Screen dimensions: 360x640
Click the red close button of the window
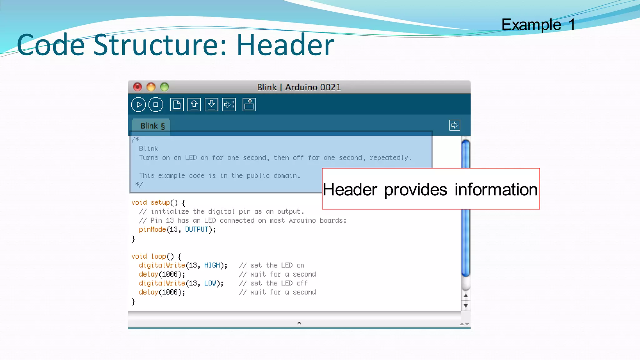[137, 87]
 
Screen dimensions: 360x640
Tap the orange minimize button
[151, 87]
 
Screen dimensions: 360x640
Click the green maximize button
[164, 87]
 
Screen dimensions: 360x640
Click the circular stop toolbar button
[156, 105]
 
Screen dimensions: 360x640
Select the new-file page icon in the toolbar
[177, 105]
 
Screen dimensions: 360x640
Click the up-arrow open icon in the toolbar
[194, 105]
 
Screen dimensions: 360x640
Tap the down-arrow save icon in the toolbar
[212, 105]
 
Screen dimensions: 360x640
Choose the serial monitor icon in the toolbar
[249, 105]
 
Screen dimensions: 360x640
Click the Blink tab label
[152, 126]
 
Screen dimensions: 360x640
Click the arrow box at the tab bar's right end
[455, 125]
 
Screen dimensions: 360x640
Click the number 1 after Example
[572, 25]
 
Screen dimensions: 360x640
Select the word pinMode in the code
[152, 230]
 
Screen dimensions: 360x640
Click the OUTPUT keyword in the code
[197, 230]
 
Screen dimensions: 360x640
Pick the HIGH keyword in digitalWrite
[212, 265]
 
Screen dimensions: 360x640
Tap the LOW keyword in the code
[210, 283]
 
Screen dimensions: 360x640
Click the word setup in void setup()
[160, 202]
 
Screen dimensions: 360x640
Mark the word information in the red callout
[496, 190]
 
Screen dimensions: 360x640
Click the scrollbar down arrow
[466, 306]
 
